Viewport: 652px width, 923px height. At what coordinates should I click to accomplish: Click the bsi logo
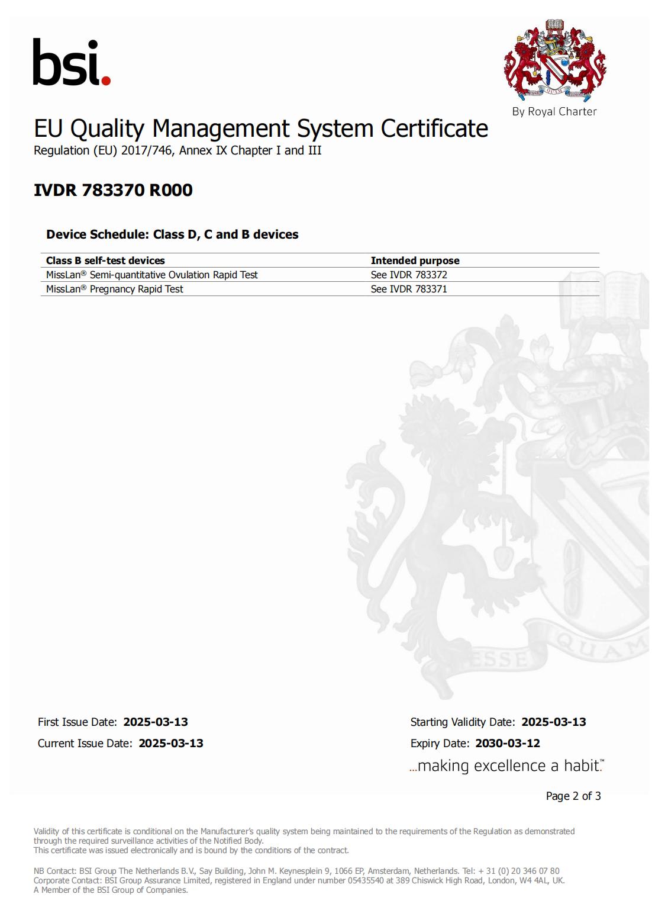coord(71,62)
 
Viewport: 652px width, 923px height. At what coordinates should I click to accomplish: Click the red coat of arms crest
coord(554,61)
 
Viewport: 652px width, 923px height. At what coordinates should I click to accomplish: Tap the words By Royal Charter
coord(554,111)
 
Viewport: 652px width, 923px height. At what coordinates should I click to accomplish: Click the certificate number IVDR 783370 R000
coord(113,190)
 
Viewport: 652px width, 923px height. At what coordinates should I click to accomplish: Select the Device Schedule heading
coord(172,234)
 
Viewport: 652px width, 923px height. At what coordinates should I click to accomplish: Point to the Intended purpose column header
coord(415,261)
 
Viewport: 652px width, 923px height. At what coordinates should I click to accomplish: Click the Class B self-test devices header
coord(105,261)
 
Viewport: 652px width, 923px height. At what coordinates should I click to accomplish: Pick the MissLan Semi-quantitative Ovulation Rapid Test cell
coord(152,275)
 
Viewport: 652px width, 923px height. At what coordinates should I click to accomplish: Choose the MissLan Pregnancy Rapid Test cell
coord(115,289)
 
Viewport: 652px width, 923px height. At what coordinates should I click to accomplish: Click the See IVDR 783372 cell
coord(409,275)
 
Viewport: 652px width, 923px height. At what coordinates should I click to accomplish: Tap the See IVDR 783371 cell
coord(409,289)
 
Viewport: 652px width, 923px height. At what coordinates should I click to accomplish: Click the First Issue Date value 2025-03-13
coord(156,722)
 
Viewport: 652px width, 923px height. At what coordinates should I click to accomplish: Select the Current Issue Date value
coord(171,743)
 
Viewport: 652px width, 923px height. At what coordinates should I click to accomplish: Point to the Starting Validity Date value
coord(554,722)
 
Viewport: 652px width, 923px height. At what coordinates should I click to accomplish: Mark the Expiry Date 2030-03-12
coord(508,743)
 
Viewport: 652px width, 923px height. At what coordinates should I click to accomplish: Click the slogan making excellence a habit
coord(506,766)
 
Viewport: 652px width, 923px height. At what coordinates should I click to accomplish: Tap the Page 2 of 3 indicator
coord(573,796)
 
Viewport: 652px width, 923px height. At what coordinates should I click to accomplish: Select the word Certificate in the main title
coord(434,128)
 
